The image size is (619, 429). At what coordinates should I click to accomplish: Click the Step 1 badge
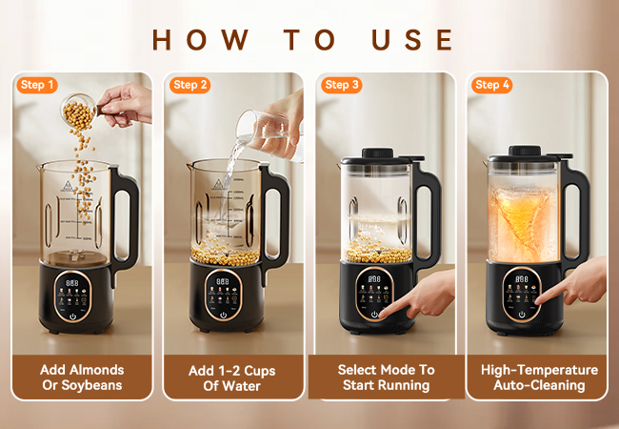click(37, 85)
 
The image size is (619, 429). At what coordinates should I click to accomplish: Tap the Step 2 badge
click(190, 85)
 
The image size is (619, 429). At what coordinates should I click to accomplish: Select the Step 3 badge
click(342, 85)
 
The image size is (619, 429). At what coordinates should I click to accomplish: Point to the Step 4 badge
click(492, 85)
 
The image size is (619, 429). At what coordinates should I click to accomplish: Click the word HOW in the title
click(200, 39)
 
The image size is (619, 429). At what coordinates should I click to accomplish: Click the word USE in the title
click(412, 39)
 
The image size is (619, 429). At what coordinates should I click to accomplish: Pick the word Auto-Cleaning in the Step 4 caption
click(539, 385)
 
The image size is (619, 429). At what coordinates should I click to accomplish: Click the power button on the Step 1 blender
click(72, 316)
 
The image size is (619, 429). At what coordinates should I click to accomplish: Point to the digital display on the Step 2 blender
click(222, 281)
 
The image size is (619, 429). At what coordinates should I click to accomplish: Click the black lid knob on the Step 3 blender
click(377, 153)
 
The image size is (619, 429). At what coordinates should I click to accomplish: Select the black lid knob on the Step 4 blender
click(525, 151)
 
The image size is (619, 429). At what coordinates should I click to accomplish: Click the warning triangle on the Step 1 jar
click(67, 185)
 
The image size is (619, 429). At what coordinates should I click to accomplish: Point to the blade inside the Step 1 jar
click(74, 257)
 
